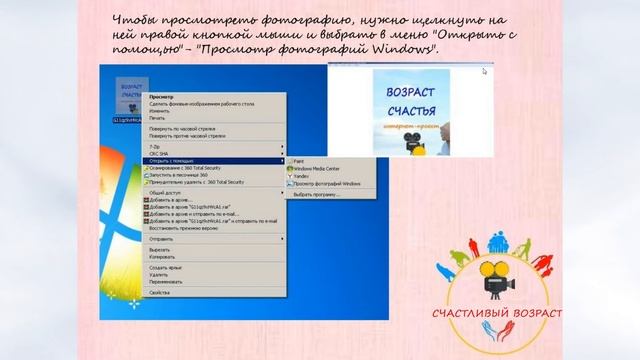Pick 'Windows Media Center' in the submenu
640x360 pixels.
click(317, 168)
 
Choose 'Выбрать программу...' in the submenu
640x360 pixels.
click(318, 195)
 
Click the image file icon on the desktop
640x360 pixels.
click(131, 94)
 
